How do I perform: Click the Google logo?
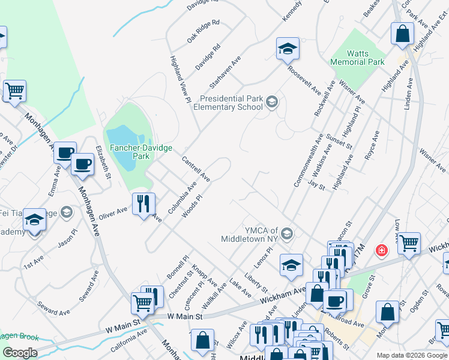tap(19, 353)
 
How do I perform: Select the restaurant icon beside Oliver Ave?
tap(143, 204)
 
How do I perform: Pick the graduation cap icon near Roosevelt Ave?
tap(288, 49)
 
